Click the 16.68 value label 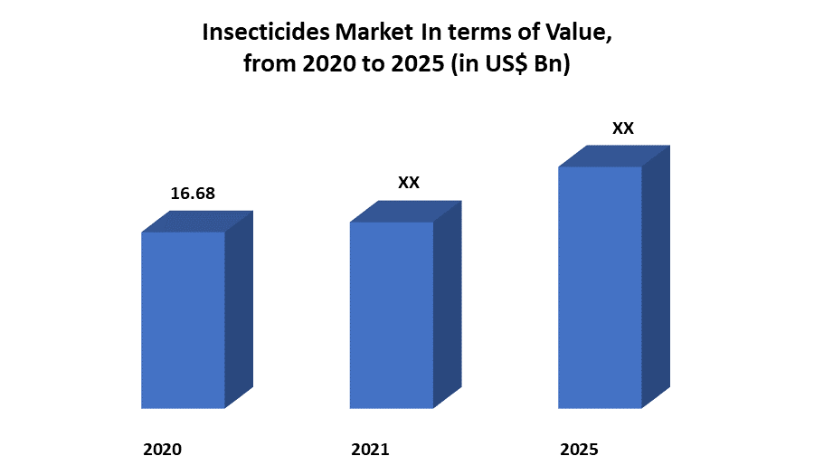(193, 194)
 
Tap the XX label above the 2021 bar (409, 183)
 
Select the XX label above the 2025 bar (622, 128)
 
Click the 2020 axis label (163, 449)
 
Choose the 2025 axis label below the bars (579, 449)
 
